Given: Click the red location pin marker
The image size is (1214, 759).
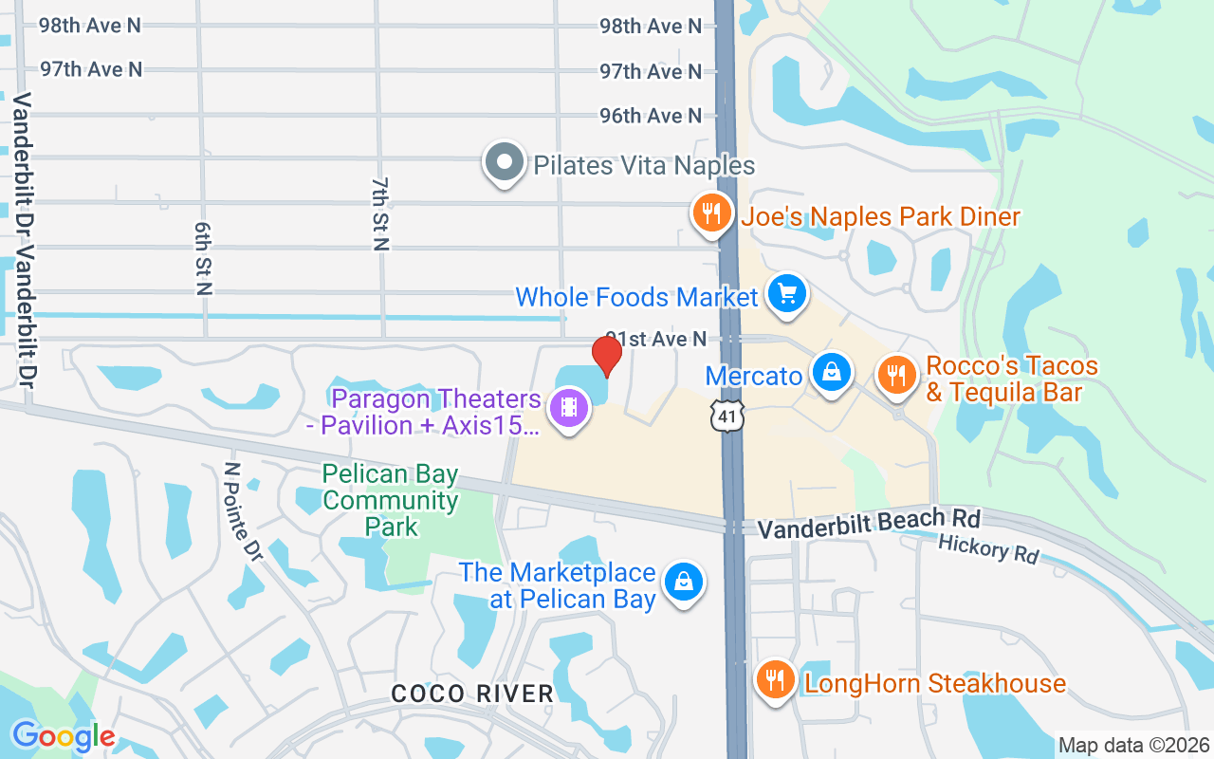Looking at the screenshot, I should point(607,354).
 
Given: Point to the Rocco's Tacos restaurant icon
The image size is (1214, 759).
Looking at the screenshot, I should point(894,373).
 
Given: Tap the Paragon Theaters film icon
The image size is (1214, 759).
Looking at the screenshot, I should point(569,408).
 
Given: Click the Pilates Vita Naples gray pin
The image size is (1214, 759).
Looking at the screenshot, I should point(505,162).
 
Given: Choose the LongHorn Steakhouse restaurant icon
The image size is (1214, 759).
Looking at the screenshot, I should point(775,679).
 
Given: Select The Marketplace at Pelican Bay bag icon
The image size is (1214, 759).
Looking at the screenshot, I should point(682,582).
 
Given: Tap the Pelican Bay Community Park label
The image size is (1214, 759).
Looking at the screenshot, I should point(391,500).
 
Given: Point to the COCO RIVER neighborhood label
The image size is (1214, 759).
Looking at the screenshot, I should point(472,694).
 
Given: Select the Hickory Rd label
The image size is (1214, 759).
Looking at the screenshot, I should point(988,548).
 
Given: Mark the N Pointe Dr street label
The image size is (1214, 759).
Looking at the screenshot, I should point(242,509).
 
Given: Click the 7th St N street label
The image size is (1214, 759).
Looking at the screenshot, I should point(380,214).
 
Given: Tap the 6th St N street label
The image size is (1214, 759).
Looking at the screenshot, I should point(202,259).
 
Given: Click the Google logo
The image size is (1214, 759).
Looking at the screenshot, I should point(63,736).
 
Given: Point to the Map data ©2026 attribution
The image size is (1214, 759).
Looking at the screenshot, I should point(1134,745).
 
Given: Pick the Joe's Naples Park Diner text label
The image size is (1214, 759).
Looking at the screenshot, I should point(880,216).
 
